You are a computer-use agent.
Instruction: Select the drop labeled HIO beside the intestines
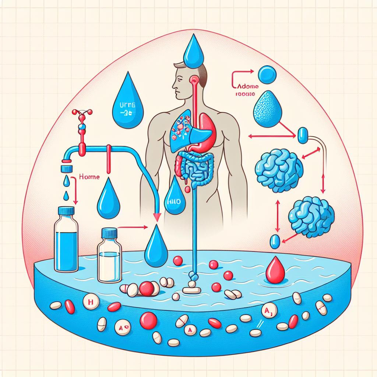175,197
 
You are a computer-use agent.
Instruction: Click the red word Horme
89,177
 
